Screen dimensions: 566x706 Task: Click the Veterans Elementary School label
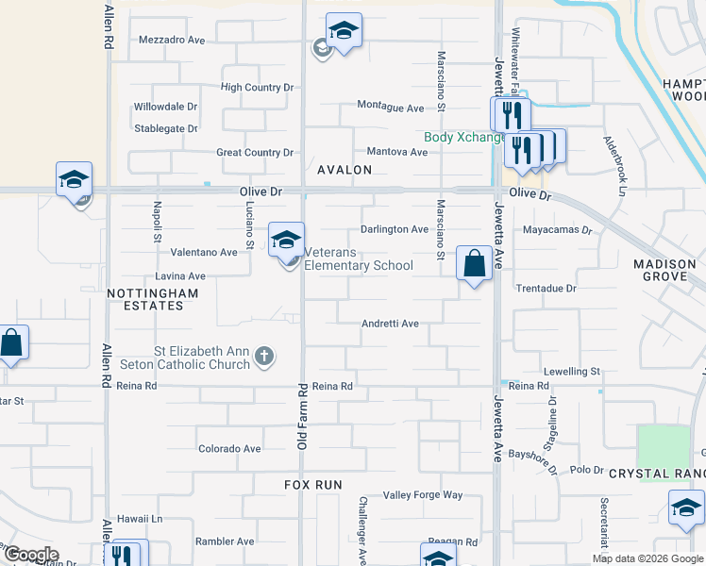359,265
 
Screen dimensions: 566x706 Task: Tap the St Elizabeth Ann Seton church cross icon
265,357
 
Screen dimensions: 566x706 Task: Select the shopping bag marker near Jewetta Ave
475,263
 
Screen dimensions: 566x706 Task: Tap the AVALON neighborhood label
344,170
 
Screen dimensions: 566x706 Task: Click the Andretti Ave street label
390,324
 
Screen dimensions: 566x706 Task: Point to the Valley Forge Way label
423,495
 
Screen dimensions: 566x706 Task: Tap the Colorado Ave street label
229,449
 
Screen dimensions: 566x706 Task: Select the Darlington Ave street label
395,229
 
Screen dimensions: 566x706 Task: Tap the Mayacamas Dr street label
556,229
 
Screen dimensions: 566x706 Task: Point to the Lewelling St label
572,372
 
